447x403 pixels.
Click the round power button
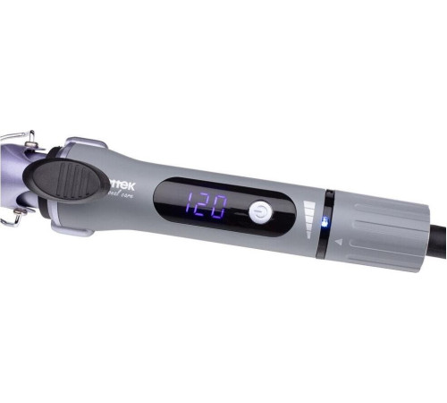click(x=259, y=211)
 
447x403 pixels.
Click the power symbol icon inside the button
click(x=259, y=211)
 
